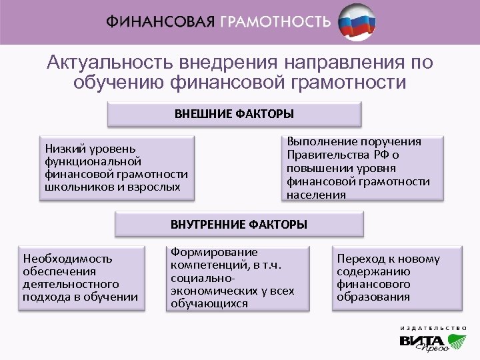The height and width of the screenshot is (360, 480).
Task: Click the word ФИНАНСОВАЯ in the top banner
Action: (x=159, y=21)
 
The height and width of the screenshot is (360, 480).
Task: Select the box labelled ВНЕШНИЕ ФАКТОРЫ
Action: (x=234, y=114)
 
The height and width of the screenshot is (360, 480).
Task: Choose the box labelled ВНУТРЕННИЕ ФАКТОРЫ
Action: (x=239, y=225)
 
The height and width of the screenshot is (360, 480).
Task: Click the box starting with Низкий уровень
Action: (x=117, y=167)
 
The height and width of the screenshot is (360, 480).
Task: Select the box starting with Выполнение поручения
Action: (x=363, y=168)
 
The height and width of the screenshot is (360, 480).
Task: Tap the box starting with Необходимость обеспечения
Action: (x=81, y=277)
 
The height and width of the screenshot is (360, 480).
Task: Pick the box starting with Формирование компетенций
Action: (x=237, y=278)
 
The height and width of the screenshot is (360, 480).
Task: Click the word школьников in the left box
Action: (x=73, y=187)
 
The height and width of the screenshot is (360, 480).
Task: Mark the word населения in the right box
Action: (x=316, y=195)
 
